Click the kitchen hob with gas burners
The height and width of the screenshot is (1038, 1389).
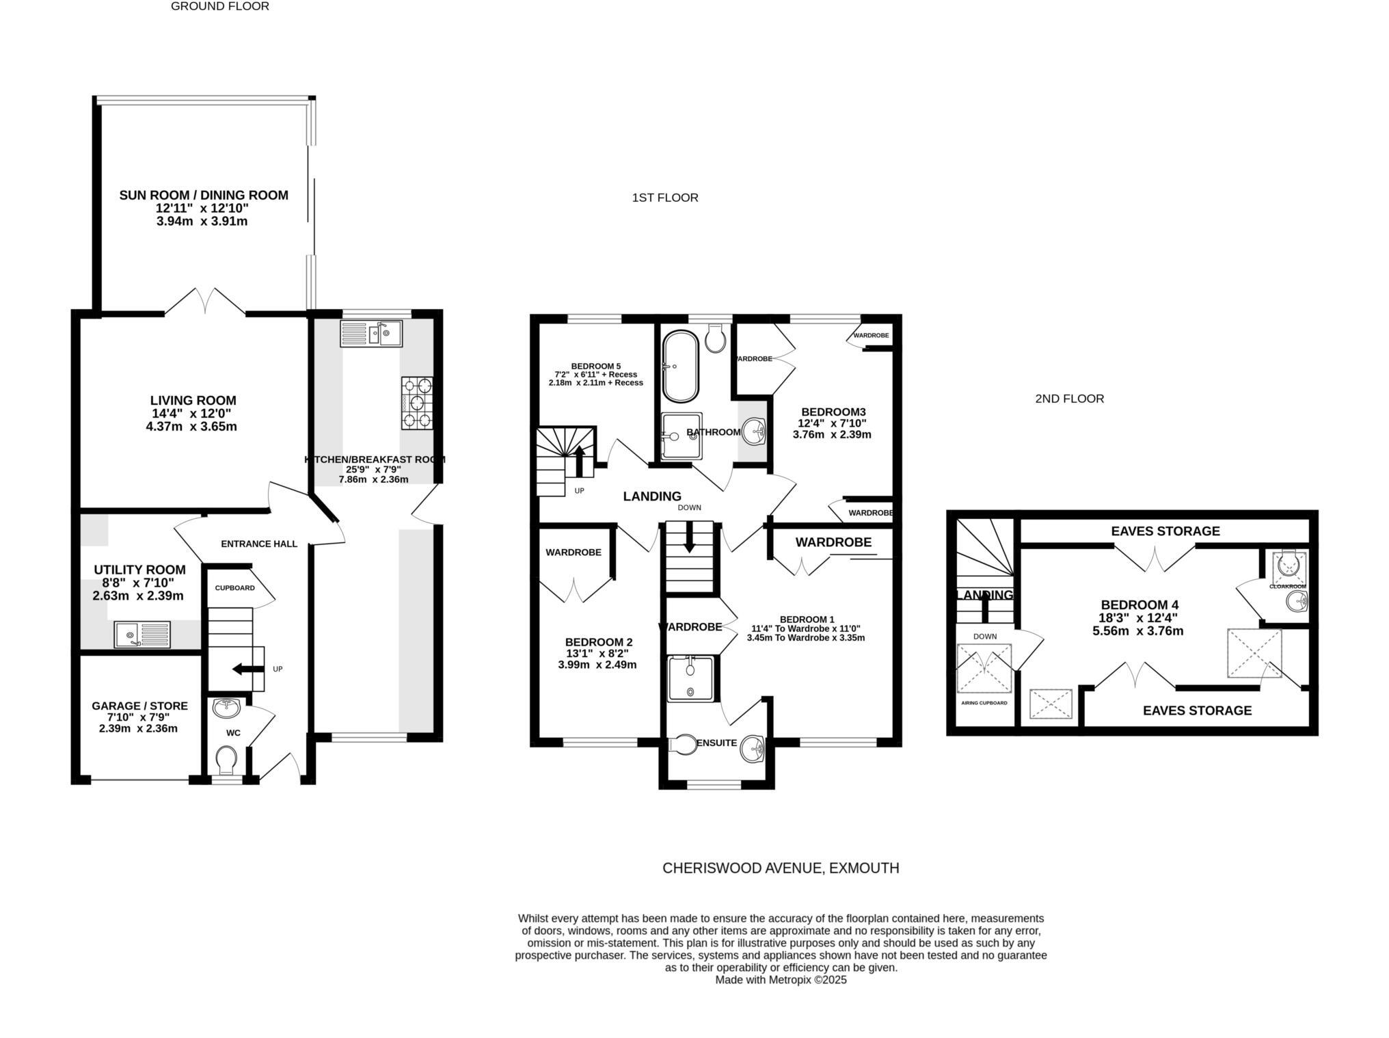point(417,403)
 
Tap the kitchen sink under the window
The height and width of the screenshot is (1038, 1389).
point(371,334)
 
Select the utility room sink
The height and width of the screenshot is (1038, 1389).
point(142,634)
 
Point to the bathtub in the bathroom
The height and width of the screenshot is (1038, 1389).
point(679,367)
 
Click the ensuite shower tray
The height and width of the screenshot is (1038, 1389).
point(690,678)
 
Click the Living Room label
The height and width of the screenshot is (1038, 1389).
point(193,401)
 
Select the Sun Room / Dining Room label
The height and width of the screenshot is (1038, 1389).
point(204,196)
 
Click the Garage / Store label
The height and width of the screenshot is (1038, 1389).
point(139,706)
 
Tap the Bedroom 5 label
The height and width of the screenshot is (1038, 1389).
point(595,366)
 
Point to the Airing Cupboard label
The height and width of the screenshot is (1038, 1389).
point(984,703)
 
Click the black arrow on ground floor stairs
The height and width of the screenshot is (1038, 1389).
point(248,669)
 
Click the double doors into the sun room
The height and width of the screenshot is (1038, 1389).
point(205,302)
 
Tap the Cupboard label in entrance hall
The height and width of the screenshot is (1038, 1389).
point(234,588)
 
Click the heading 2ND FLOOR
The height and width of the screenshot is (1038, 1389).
point(1069,399)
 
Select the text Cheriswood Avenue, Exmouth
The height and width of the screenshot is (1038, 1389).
point(781,868)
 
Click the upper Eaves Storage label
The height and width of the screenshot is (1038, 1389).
point(1165,531)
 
